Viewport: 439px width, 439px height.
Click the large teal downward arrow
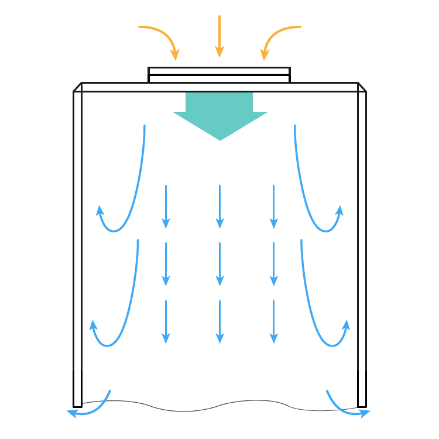click(220, 114)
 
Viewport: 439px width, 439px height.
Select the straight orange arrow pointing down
click(220, 35)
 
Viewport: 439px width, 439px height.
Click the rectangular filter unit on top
click(219, 75)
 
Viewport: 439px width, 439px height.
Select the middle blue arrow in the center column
click(220, 263)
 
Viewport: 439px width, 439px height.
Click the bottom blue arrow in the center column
click(220, 321)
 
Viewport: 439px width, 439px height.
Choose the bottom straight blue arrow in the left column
click(166, 321)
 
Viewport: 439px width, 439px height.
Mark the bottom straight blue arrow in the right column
click(273, 321)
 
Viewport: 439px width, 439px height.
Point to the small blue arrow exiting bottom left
click(91, 410)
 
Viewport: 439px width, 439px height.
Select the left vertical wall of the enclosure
click(77, 246)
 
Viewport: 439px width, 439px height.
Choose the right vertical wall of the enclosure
click(362, 246)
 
